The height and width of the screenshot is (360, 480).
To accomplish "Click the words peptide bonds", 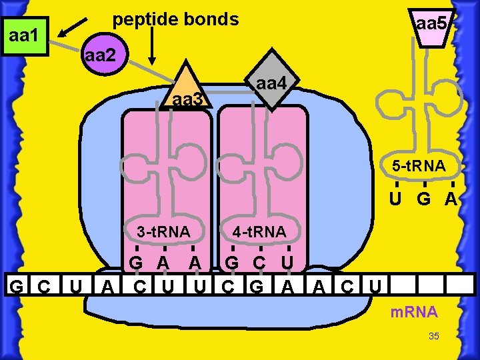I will point(175,19).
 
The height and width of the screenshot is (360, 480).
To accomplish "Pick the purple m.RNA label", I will point(414,312).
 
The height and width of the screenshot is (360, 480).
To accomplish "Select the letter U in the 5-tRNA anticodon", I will point(395,199).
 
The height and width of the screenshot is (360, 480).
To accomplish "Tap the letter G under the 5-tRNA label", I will point(424,199).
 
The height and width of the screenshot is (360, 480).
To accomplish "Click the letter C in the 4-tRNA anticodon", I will point(259,262).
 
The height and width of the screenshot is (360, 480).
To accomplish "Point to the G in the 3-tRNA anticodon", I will point(135,262).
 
